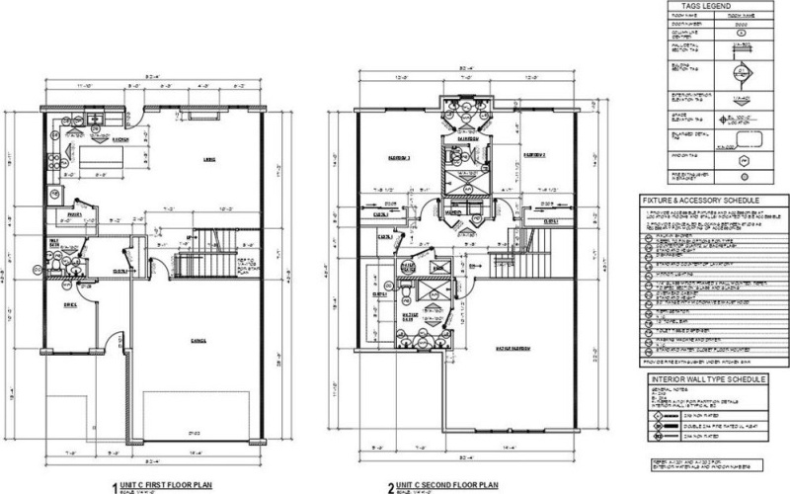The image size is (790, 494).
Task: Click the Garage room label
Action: tap(198, 340)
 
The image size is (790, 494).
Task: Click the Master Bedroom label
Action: tap(505, 349)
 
